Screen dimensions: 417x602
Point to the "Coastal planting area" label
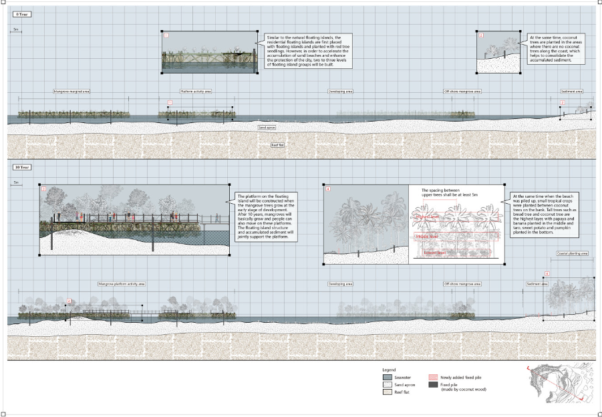click(x=573, y=254)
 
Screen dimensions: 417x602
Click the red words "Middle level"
click(x=428, y=236)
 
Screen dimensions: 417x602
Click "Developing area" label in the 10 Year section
click(x=340, y=283)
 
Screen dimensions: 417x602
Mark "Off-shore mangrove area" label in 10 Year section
click(x=463, y=283)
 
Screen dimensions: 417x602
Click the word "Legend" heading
click(x=389, y=369)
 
